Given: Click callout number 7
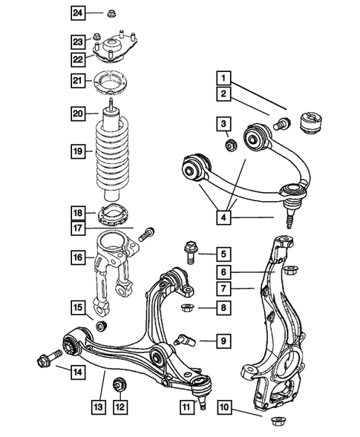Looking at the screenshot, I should click(223, 287).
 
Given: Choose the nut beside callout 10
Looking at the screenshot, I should click(281, 421).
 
